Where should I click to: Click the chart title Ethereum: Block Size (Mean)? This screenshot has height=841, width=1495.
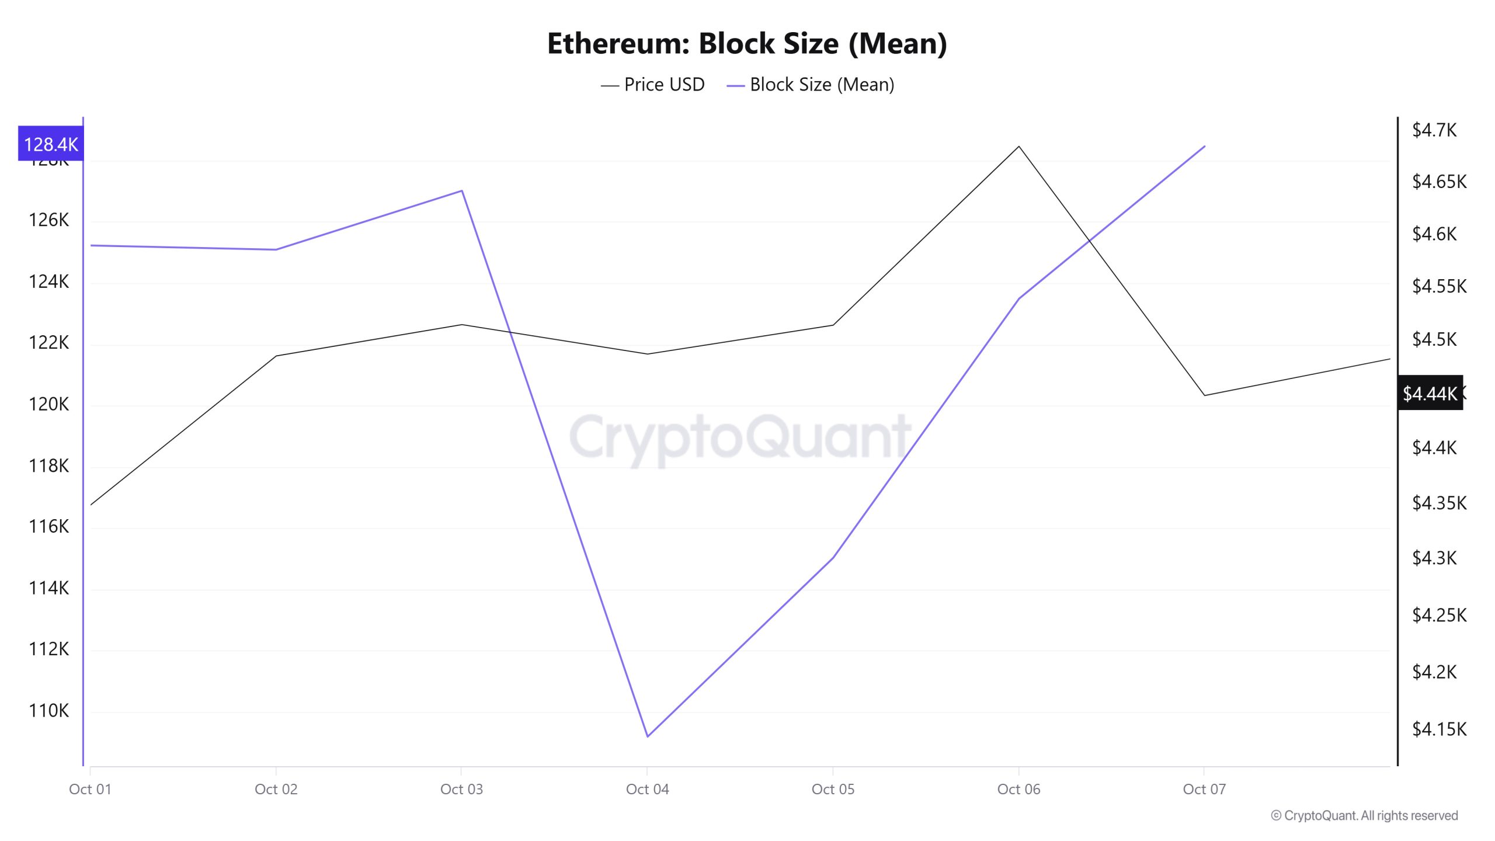(x=747, y=43)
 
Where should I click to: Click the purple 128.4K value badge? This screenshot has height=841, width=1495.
(x=51, y=144)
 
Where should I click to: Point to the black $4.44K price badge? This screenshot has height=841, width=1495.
(x=1430, y=393)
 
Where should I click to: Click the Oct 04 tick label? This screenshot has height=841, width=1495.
(x=647, y=789)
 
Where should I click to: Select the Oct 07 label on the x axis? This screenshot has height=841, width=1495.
(x=1204, y=789)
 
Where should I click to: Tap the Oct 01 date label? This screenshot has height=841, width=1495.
(x=90, y=789)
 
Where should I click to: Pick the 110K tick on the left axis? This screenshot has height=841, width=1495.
(x=48, y=710)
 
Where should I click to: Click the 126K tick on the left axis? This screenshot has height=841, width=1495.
(x=48, y=220)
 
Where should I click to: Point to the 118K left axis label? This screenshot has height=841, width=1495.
(x=48, y=465)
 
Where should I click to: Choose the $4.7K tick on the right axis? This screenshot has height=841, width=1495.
(x=1434, y=130)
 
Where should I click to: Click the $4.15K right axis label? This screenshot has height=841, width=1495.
(x=1439, y=729)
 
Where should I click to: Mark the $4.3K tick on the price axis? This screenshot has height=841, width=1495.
(x=1434, y=558)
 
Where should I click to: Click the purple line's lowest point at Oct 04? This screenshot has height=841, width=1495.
(x=647, y=736)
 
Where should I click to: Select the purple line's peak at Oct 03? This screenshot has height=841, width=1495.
(x=462, y=191)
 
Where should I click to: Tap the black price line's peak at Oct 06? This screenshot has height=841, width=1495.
(x=1019, y=147)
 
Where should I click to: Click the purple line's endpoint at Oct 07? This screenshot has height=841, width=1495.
(x=1205, y=147)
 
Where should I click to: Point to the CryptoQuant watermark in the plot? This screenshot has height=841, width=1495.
(x=740, y=437)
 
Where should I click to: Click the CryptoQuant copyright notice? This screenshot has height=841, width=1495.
(x=1364, y=815)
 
